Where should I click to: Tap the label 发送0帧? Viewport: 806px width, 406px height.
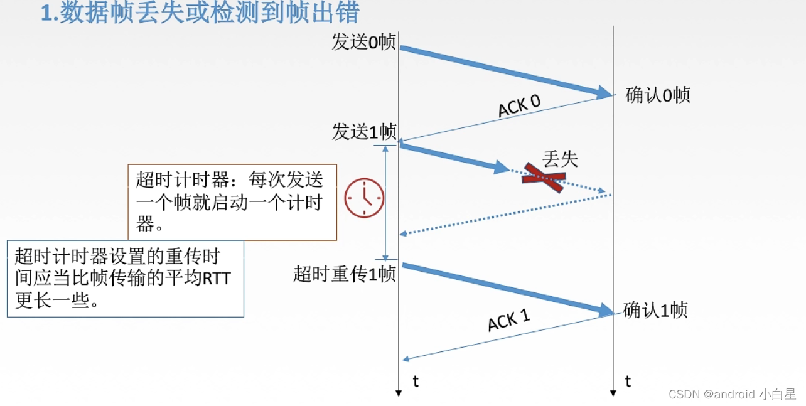[x=363, y=42]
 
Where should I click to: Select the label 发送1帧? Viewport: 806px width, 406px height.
[x=364, y=132]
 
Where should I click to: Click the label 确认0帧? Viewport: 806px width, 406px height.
[x=658, y=95]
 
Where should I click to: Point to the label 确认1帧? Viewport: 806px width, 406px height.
[x=655, y=310]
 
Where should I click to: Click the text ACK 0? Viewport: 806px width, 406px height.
[x=519, y=106]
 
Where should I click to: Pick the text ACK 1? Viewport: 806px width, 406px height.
[x=509, y=321]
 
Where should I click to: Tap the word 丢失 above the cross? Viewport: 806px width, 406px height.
[x=560, y=159]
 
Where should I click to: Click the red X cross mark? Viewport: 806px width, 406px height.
[x=543, y=178]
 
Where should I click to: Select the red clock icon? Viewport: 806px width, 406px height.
[x=364, y=198]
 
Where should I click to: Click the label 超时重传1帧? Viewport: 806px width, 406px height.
[x=344, y=274]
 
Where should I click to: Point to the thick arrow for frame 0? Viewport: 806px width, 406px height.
[x=502, y=70]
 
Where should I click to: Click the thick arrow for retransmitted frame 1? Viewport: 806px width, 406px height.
[x=505, y=287]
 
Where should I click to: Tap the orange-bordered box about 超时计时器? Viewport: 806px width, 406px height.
[x=232, y=202]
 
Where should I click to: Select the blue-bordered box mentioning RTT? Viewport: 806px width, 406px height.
[x=125, y=278]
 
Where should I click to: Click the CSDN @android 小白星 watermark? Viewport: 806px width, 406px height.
[x=732, y=394]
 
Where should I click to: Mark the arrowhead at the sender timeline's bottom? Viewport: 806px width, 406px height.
[x=399, y=393]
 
